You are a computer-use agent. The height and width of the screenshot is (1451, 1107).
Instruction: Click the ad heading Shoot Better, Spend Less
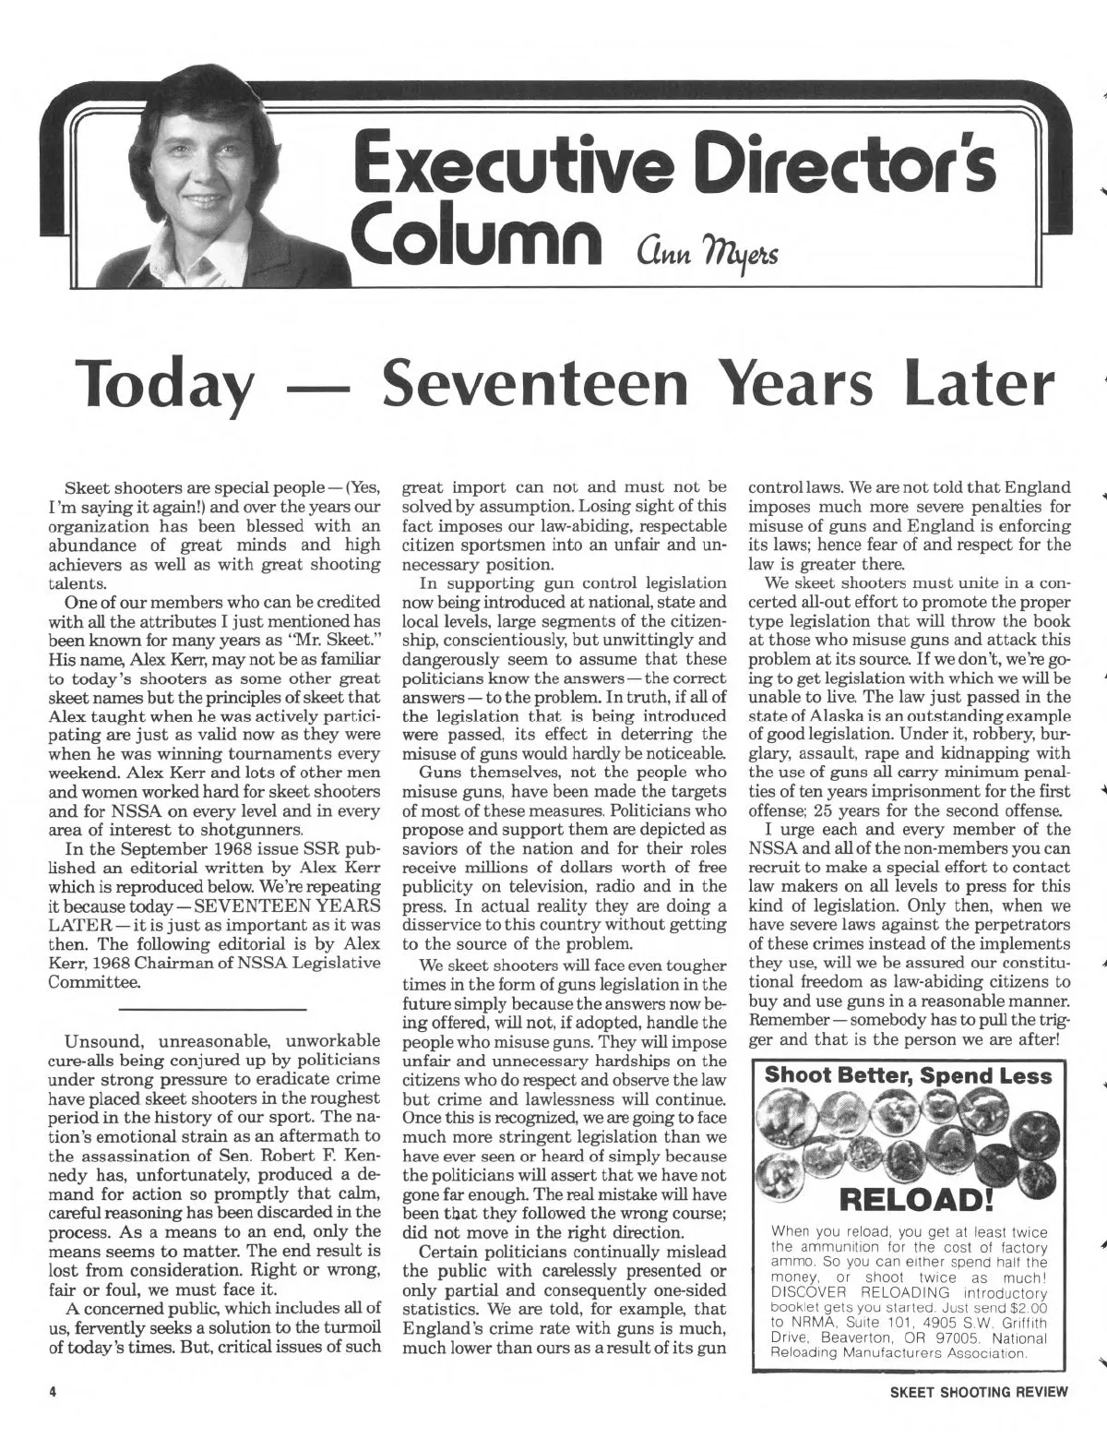tap(909, 1075)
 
